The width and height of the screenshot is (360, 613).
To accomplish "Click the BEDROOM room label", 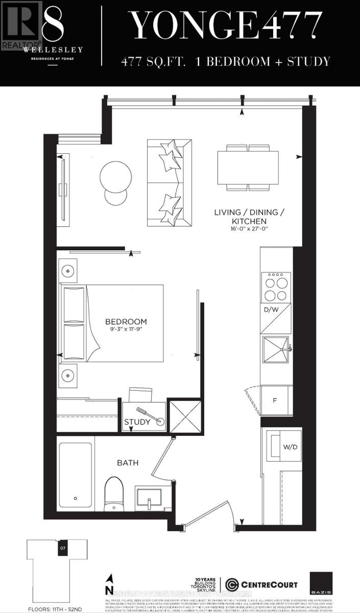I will (x=126, y=321).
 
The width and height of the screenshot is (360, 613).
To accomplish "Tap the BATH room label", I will (x=127, y=463).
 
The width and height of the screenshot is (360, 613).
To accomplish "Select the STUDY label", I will (x=137, y=422).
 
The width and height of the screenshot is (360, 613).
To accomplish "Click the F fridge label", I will (x=274, y=400).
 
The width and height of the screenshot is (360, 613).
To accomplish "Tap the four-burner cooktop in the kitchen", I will (x=276, y=288).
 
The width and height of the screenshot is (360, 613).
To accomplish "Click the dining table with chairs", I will (x=248, y=168).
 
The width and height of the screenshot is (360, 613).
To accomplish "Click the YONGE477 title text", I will (x=225, y=27).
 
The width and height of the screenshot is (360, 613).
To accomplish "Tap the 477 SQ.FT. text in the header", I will (x=153, y=62).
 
